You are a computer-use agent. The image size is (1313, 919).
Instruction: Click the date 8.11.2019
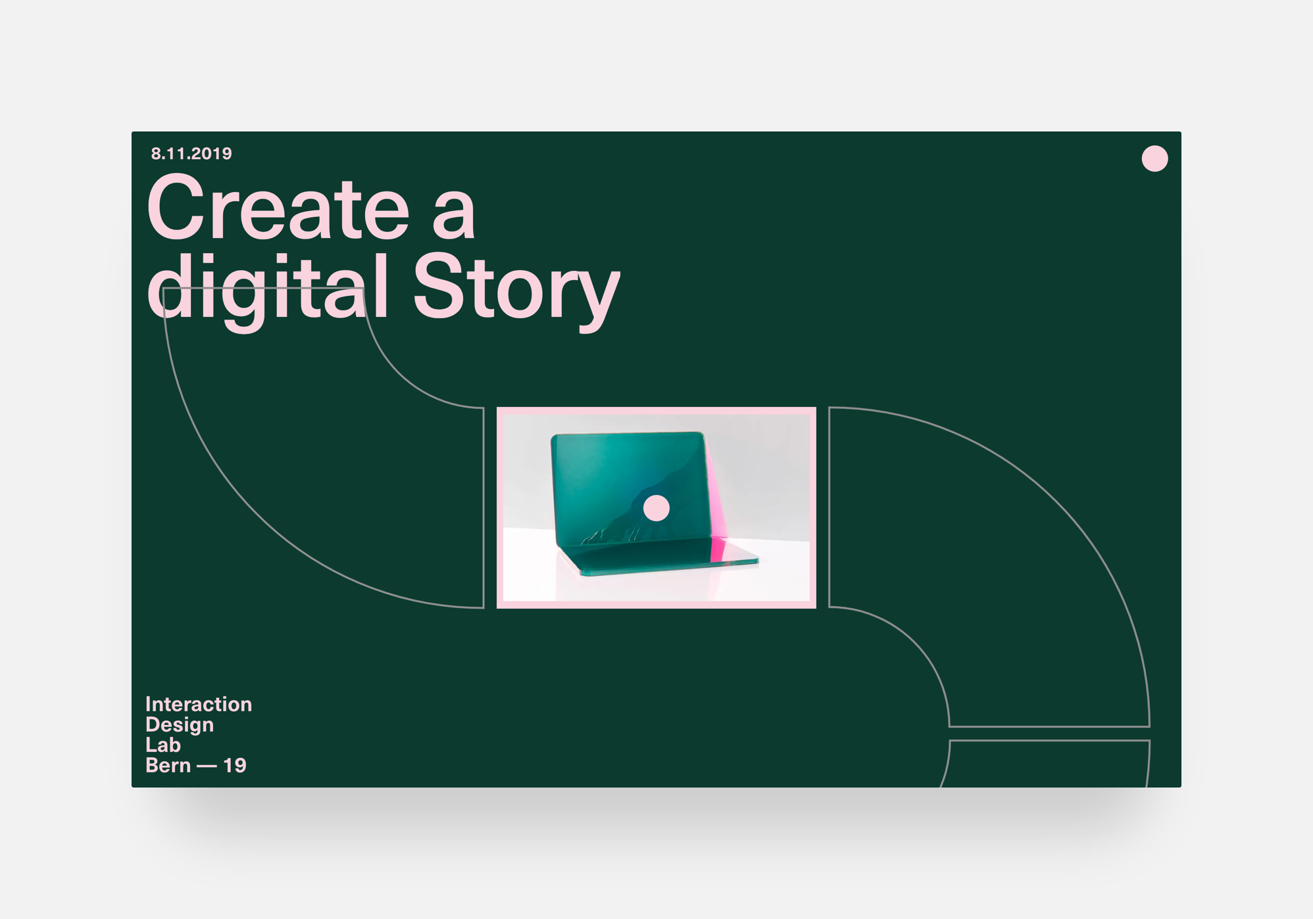click(191, 154)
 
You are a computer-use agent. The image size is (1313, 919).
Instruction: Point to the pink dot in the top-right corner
click(1154, 158)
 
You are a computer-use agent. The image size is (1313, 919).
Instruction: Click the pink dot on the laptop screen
click(656, 508)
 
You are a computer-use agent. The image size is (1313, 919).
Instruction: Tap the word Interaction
click(199, 705)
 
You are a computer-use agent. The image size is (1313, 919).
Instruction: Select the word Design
click(180, 725)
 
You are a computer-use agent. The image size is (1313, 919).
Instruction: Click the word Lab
click(163, 745)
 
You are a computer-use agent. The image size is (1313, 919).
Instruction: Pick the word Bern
click(168, 766)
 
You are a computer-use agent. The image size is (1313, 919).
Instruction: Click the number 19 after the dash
click(235, 766)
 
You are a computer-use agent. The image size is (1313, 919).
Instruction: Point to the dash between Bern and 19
click(207, 767)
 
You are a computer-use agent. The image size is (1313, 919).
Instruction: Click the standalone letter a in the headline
click(454, 217)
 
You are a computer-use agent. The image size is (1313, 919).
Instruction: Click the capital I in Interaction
click(149, 705)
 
